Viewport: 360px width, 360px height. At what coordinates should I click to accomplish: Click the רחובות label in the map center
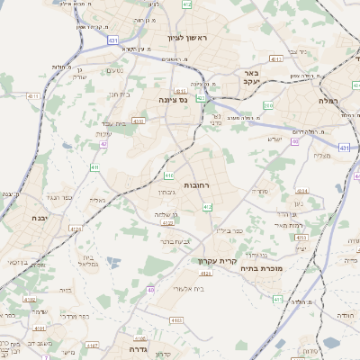coord(196,184)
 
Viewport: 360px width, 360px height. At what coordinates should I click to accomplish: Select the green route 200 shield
coord(268,106)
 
